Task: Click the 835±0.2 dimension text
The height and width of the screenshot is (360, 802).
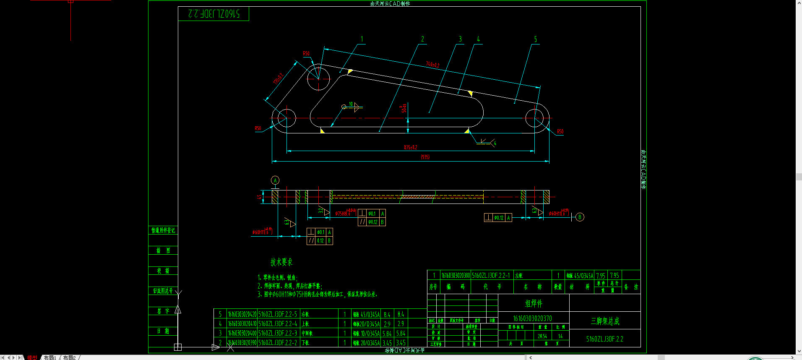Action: pos(410,147)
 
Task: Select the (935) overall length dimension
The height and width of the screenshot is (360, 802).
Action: pos(425,157)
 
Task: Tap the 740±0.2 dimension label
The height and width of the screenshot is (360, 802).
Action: pos(433,65)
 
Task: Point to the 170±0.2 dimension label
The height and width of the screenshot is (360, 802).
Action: pos(278,78)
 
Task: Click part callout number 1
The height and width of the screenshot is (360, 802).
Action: pos(362,39)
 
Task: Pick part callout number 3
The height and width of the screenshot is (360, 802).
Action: pos(460,39)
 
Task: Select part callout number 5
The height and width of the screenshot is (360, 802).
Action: pos(535,39)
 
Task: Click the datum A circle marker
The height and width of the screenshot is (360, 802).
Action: pos(275,180)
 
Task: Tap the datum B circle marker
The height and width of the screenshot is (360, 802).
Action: pos(580,217)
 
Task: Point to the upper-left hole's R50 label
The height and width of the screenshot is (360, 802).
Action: pos(306,53)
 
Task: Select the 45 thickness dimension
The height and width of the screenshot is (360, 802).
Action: pos(260,196)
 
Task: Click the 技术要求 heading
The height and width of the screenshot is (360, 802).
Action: pos(281,262)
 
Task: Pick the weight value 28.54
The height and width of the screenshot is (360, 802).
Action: pos(542,336)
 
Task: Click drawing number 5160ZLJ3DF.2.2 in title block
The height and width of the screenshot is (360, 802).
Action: pos(604,339)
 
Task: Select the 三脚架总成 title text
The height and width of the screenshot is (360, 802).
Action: pos(605,321)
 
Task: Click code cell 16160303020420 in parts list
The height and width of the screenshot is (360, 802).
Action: pos(242,314)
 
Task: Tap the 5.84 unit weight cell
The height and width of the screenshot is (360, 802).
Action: pos(387,334)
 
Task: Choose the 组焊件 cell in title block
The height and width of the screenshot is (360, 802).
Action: pos(534,303)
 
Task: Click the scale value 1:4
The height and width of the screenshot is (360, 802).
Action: pos(560,336)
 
